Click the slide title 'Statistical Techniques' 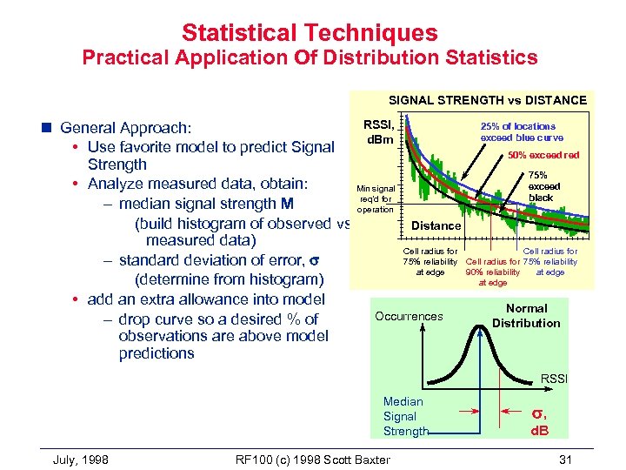(x=310, y=33)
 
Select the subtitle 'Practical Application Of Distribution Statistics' (x=310, y=58)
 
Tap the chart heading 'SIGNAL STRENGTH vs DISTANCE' (x=487, y=100)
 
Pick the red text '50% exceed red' (x=543, y=156)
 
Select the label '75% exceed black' (x=544, y=186)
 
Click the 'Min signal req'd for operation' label (x=376, y=198)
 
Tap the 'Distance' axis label (x=436, y=225)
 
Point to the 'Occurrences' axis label (x=409, y=316)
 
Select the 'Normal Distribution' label (x=526, y=316)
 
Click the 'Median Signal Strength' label (x=405, y=416)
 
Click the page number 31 (x=567, y=459)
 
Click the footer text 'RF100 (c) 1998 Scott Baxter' (x=313, y=459)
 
